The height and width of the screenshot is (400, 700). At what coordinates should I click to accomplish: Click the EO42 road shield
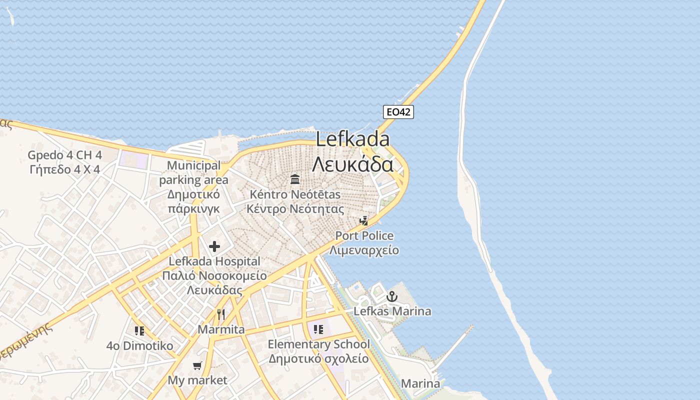tap(398, 112)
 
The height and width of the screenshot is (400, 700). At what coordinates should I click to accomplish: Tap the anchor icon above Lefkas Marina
tap(392, 297)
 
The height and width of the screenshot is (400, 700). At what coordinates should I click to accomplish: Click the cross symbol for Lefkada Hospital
tap(214, 246)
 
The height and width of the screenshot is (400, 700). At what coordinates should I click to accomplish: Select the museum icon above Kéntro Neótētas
tap(295, 179)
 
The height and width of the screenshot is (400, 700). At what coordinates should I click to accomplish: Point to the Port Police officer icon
tap(364, 220)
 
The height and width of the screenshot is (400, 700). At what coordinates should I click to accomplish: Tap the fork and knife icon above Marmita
tap(221, 314)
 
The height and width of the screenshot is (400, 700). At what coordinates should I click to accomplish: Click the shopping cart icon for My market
tap(197, 366)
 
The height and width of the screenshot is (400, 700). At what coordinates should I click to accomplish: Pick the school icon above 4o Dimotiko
tap(139, 330)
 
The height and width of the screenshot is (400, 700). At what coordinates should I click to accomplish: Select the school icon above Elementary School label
tap(318, 329)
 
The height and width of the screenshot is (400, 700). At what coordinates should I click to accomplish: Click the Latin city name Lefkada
tap(353, 139)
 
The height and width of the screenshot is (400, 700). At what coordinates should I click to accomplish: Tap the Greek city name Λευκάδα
tap(353, 164)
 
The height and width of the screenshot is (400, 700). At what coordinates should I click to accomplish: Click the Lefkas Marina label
tap(392, 311)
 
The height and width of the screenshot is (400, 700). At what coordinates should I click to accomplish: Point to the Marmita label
tap(221, 329)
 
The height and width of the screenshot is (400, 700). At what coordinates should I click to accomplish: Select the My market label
tap(197, 380)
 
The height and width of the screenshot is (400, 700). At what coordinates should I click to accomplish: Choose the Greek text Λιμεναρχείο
tap(364, 249)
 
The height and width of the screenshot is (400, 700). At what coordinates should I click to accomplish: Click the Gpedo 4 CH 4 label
tap(64, 155)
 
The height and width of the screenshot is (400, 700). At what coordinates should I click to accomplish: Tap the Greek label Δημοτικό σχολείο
tap(318, 358)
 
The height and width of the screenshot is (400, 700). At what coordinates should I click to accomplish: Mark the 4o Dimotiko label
tap(139, 345)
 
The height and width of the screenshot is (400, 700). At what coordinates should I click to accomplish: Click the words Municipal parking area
tap(194, 172)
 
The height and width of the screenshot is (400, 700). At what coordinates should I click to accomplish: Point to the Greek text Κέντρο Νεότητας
tap(295, 208)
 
